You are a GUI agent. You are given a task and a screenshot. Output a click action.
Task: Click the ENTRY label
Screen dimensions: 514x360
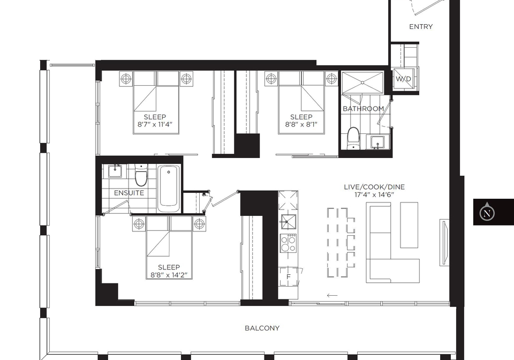[x=421, y=27]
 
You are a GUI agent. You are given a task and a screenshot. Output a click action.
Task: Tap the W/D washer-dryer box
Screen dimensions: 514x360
[x=403, y=79]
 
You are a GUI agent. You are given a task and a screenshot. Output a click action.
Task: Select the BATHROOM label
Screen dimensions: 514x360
[x=363, y=109]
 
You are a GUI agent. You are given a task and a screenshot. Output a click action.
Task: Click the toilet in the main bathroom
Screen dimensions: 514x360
[x=353, y=138]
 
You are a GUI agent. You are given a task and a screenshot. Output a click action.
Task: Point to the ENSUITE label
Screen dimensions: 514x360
[x=129, y=193]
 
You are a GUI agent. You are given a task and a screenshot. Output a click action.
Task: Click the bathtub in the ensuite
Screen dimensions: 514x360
[x=169, y=189]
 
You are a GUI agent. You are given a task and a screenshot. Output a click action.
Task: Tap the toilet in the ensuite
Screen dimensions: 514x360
[x=141, y=175]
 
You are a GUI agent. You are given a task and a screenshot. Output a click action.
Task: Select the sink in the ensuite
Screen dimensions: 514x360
[x=115, y=171]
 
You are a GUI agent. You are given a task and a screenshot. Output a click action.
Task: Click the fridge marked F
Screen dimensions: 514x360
[x=289, y=277]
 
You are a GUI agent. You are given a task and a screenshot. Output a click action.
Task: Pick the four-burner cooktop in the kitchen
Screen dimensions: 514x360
[x=289, y=243]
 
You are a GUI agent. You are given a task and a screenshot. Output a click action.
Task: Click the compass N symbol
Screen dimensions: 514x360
[x=487, y=213]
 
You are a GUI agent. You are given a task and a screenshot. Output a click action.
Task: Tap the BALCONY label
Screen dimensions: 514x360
[x=262, y=328]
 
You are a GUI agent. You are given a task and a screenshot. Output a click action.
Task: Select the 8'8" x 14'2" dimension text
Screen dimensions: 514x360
[x=169, y=275]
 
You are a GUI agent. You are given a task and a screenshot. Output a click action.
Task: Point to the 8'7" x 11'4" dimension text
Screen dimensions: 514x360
[x=155, y=124]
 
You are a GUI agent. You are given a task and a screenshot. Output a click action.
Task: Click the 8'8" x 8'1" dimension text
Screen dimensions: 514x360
[x=301, y=124]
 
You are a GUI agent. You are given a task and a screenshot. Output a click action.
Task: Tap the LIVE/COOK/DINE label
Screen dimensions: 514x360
[x=374, y=187]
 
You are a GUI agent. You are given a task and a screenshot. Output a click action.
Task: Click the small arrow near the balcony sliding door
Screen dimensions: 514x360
[x=332, y=295]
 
